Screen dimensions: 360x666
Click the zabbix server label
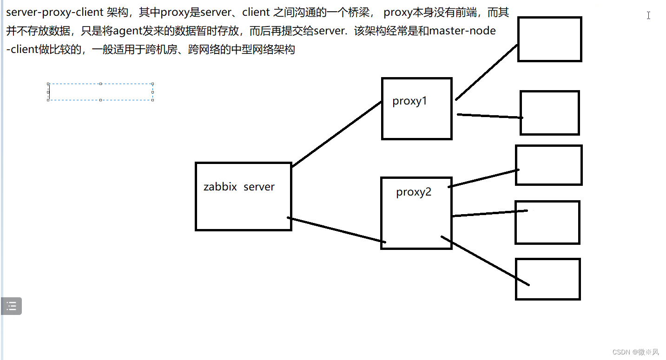click(x=239, y=187)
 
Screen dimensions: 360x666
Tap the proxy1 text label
click(x=409, y=101)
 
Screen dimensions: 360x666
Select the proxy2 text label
click(x=414, y=192)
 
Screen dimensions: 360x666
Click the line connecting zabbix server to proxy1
click(x=336, y=134)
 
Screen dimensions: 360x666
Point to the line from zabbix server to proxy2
click(x=336, y=230)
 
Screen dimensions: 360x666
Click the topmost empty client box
click(x=549, y=39)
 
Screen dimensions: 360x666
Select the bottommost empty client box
click(x=548, y=279)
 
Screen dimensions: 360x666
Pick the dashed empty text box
click(x=100, y=92)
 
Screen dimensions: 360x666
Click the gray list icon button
click(x=11, y=306)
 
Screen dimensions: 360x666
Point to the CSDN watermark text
click(x=635, y=352)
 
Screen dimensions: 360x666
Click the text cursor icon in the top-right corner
click(x=648, y=15)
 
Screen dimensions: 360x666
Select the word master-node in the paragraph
click(x=462, y=31)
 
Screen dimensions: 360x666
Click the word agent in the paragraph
click(x=128, y=31)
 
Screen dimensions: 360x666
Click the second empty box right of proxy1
click(x=549, y=113)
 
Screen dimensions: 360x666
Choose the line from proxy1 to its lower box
click(x=490, y=116)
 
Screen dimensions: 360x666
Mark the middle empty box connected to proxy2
click(x=547, y=222)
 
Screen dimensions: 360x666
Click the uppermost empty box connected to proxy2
click(x=548, y=165)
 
